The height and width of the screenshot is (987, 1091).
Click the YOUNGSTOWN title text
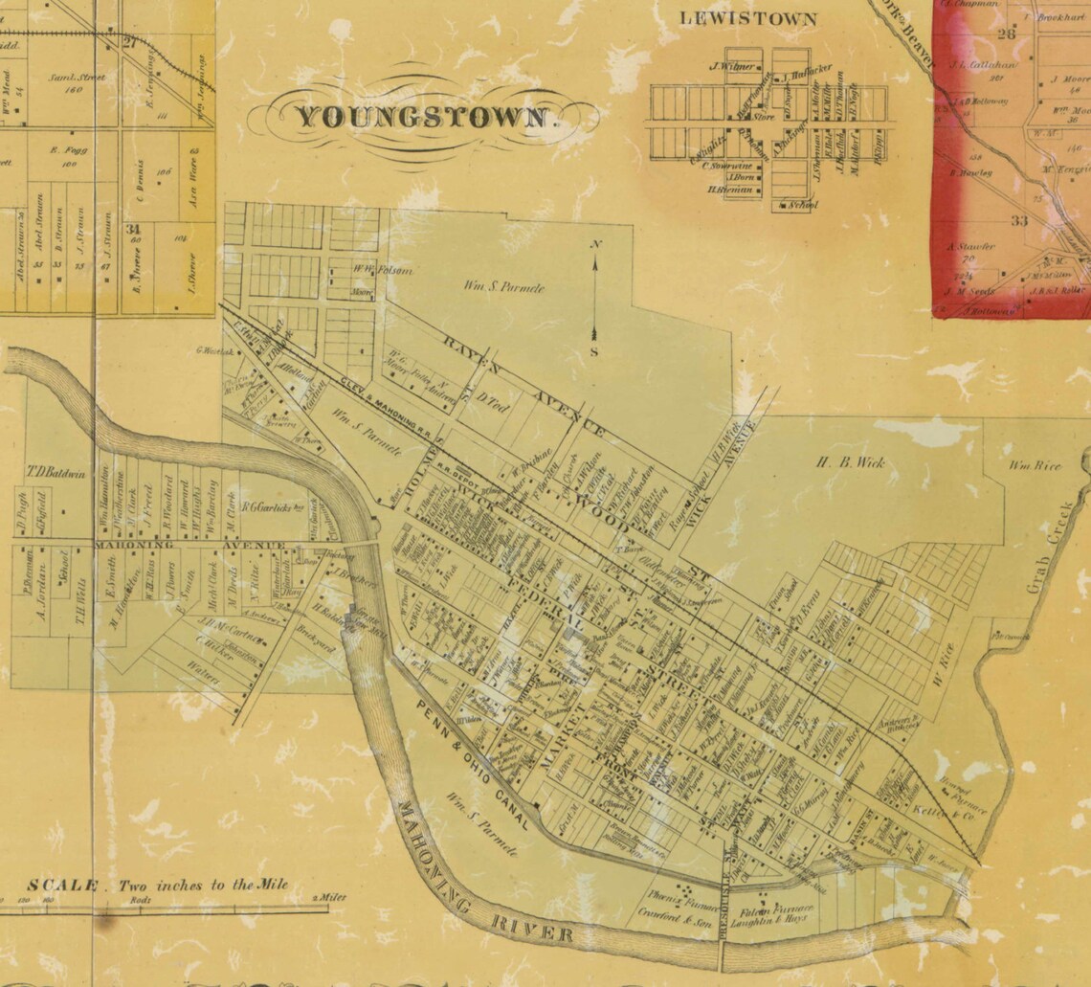point(423,118)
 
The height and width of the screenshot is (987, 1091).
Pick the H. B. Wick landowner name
point(850,462)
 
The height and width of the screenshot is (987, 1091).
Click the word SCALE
point(62,886)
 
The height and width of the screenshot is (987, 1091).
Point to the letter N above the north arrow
point(595,245)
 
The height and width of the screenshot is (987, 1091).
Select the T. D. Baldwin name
point(56,474)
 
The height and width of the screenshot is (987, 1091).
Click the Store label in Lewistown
point(763,117)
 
